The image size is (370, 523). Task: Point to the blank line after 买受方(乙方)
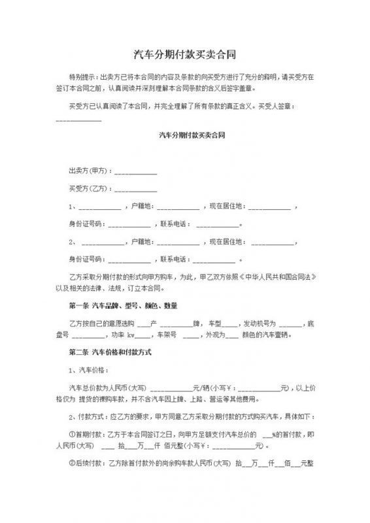tap(135, 191)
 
